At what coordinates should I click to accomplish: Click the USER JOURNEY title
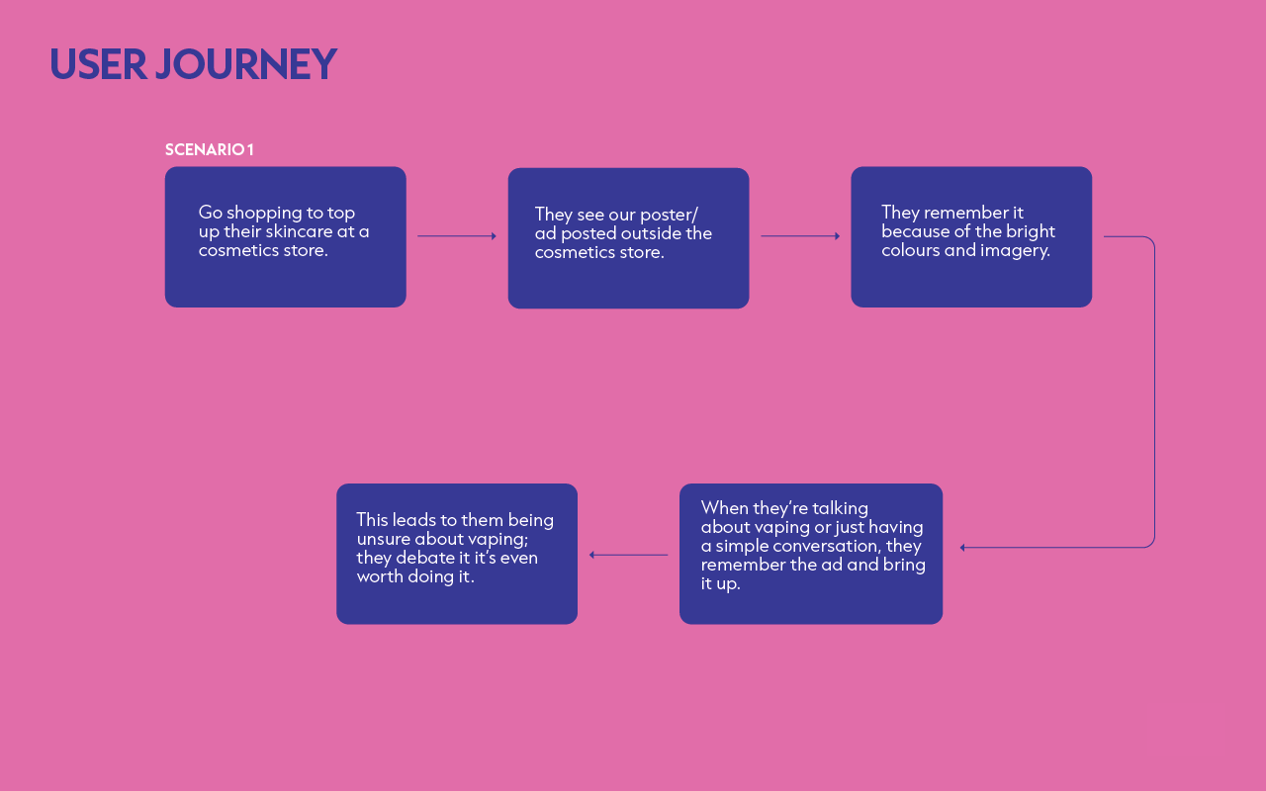[x=193, y=64]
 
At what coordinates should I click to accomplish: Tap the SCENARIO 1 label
[x=209, y=149]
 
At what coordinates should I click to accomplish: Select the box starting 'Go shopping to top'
[x=286, y=236]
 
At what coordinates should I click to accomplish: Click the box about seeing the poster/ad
[x=628, y=238]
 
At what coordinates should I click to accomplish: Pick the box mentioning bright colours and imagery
[x=971, y=236]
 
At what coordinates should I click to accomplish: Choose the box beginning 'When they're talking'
[x=811, y=554]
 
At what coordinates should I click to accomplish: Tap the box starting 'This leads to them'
[x=457, y=554]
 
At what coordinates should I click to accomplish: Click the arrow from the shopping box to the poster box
[x=457, y=236]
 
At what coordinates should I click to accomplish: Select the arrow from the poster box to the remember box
[x=800, y=236]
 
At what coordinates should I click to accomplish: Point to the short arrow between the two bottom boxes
[x=628, y=555]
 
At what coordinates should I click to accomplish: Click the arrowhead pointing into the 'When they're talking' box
[x=962, y=548]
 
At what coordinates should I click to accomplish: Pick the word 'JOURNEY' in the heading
[x=246, y=64]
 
